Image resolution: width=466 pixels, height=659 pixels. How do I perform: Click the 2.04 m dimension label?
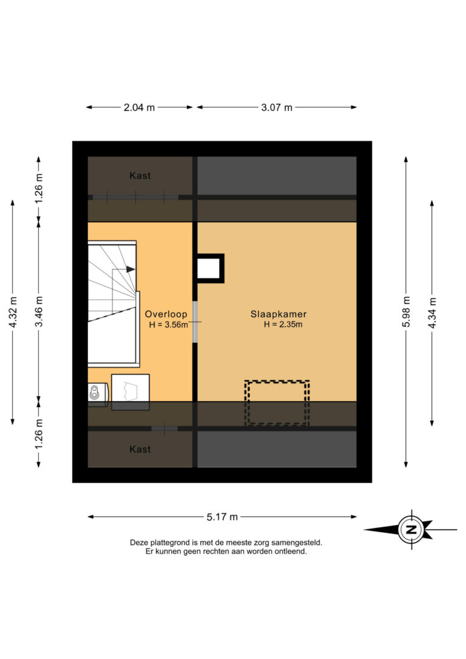pos(139,107)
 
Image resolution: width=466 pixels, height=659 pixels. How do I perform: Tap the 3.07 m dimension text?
pos(277,107)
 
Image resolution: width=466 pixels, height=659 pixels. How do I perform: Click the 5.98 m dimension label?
pos(406,312)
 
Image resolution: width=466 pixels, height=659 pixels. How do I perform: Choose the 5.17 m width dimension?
pos(222,517)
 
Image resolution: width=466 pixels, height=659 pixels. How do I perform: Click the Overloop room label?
pos(166,314)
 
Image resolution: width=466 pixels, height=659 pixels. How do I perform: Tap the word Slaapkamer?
pos(279,314)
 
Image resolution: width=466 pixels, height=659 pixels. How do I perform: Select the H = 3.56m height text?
pos(168,325)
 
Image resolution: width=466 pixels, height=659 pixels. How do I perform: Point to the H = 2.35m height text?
pos(283,325)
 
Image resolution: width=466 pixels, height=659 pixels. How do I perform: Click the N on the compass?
pos(411,530)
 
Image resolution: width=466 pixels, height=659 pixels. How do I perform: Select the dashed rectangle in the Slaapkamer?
pos(277,403)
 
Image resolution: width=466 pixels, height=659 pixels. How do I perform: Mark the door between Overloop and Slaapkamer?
pos(195,322)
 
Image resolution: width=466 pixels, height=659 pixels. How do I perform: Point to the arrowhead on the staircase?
pos(130,269)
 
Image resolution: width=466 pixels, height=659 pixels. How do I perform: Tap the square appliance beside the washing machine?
pos(130,392)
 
